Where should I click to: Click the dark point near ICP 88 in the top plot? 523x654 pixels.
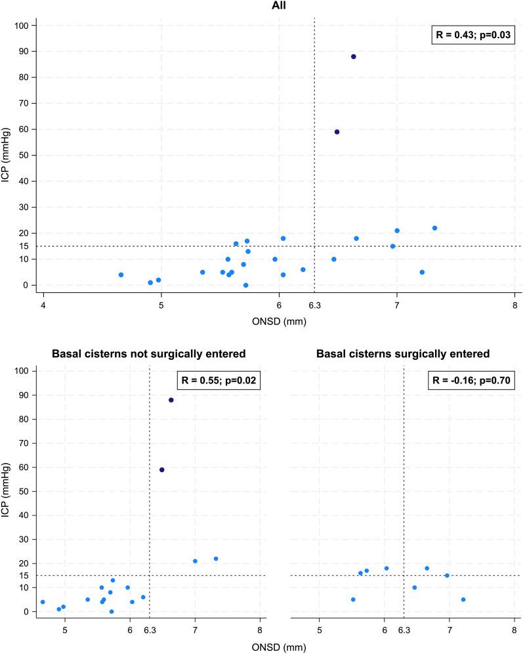click(353, 56)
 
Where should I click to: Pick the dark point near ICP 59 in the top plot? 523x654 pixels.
click(337, 132)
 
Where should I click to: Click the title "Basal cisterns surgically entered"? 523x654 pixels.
click(403, 354)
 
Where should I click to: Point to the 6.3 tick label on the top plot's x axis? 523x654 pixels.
click(314, 305)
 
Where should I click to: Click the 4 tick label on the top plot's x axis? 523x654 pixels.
click(43, 305)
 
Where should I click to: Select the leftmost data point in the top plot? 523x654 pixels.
click(121, 274)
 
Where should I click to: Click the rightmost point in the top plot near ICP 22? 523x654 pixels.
click(434, 228)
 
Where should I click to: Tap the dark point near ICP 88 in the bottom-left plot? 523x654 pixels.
click(171, 400)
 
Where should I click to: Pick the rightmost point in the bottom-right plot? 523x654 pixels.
click(463, 599)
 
